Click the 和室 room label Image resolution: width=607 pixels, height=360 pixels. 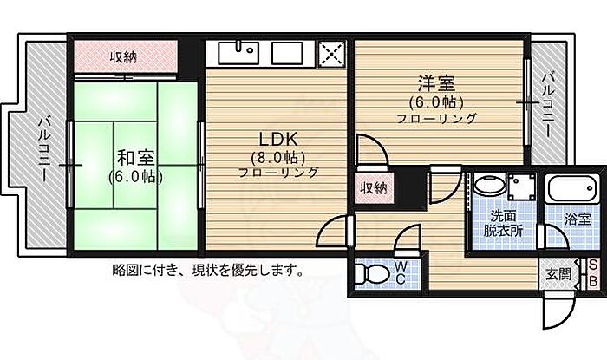click(x=135, y=158)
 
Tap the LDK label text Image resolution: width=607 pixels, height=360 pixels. click(x=278, y=139)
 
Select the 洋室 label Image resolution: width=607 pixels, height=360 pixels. click(x=436, y=83)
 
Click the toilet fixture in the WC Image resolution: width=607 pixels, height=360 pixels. click(x=371, y=273)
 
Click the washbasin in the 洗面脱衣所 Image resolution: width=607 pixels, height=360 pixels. click(x=489, y=187)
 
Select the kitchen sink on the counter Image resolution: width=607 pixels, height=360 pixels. click(x=238, y=53)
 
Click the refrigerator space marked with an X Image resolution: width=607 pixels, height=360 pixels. click(x=332, y=54)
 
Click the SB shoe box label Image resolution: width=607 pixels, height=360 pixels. click(x=592, y=273)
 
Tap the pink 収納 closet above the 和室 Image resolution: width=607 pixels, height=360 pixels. click(x=126, y=56)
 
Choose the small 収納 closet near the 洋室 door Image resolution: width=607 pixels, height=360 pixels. click(x=374, y=188)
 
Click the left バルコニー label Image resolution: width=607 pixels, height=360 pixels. click(x=45, y=150)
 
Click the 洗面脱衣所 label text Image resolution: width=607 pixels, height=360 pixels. click(x=503, y=223)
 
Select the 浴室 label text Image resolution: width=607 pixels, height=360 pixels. click(x=578, y=219)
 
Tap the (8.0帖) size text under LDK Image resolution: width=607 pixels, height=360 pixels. click(x=278, y=158)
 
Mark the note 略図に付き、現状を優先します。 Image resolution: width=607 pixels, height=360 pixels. click(x=208, y=270)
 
